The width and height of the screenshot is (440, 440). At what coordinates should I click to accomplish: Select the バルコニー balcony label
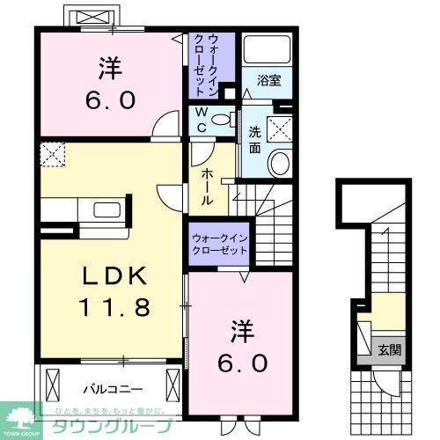pyautogui.click(x=106, y=386)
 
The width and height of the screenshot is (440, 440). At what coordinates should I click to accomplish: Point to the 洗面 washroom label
pyautogui.click(x=255, y=138)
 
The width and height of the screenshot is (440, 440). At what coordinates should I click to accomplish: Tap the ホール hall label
pyautogui.click(x=206, y=187)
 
